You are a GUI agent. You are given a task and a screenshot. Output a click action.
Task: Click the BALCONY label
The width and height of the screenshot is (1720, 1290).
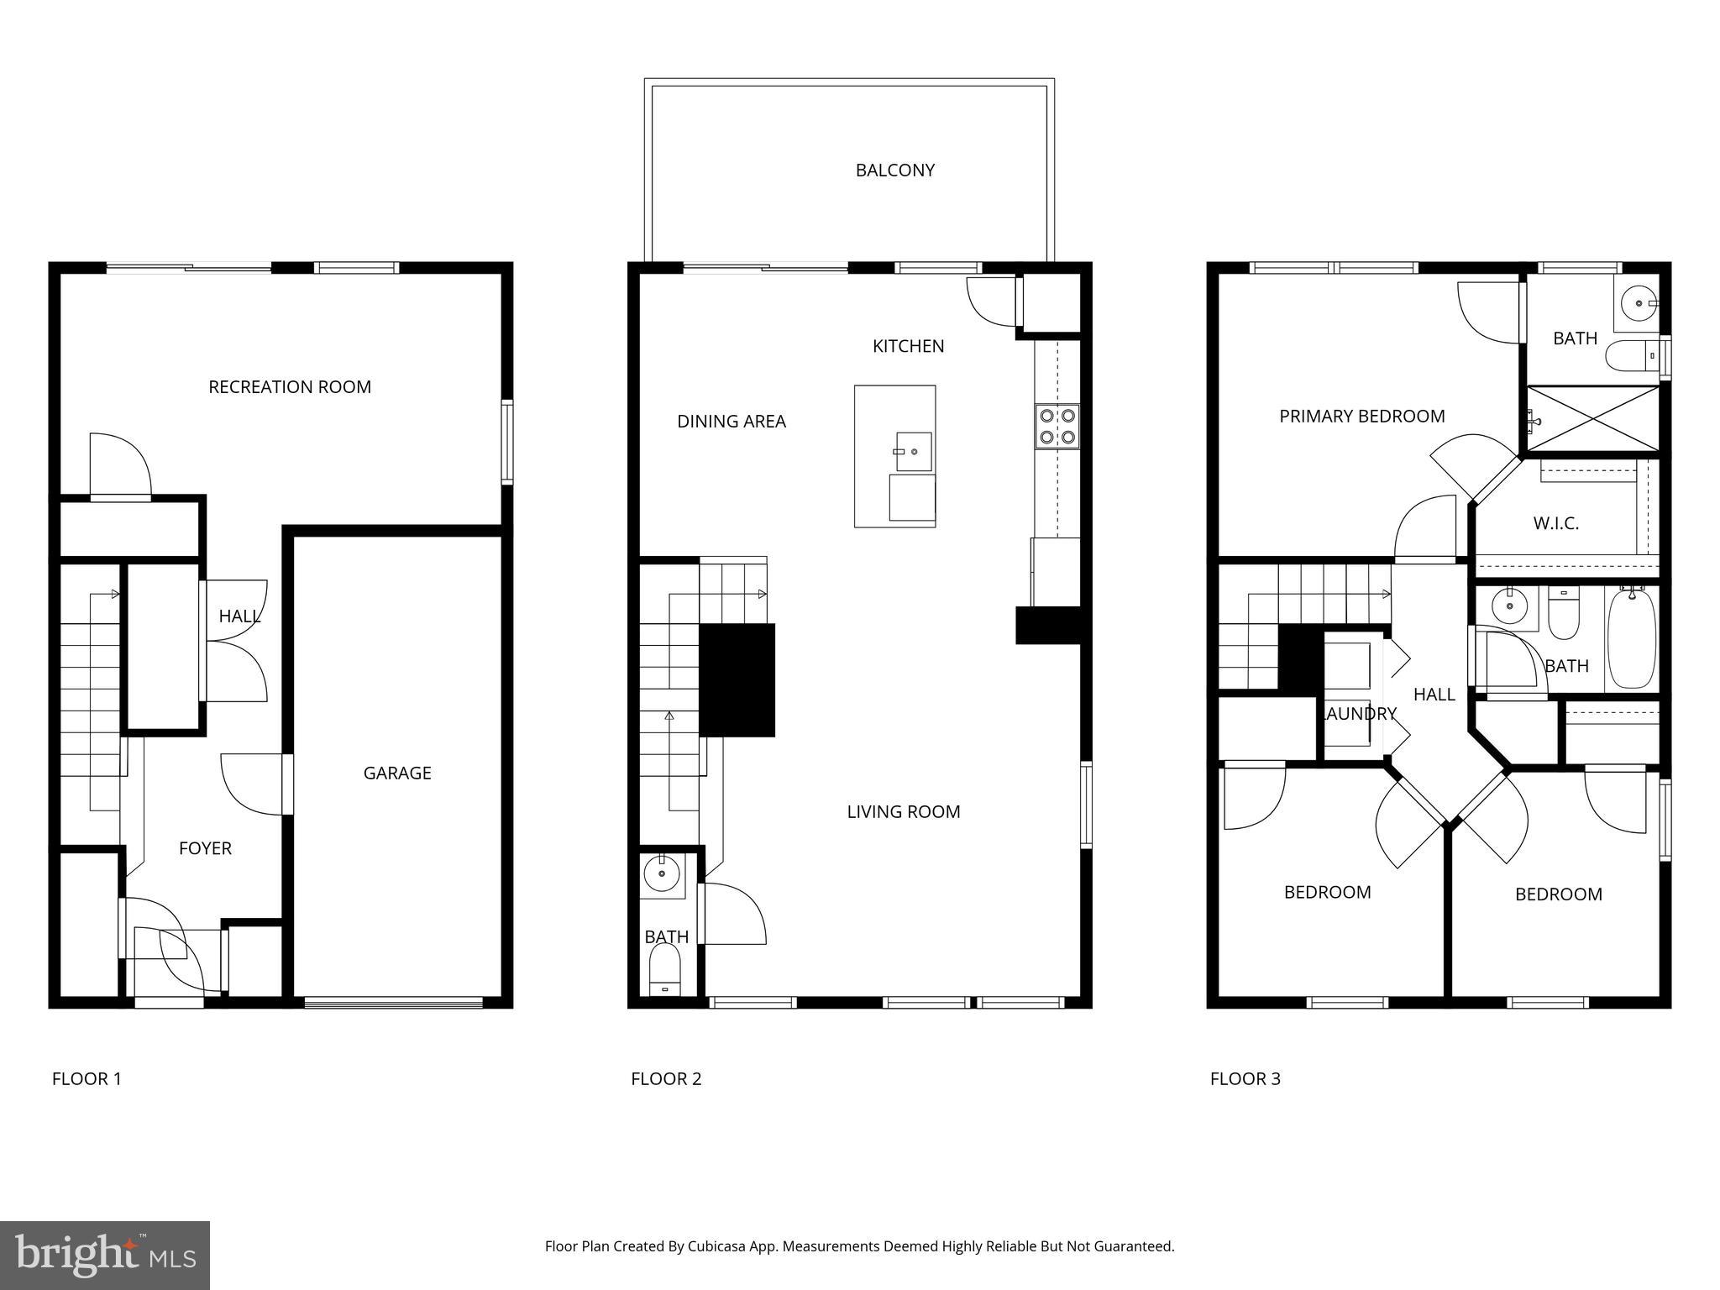[x=894, y=170]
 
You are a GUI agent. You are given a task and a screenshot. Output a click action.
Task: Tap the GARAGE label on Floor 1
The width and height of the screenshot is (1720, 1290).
[x=397, y=773]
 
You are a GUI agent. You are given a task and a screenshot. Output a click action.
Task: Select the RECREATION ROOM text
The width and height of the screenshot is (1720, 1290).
[x=290, y=387]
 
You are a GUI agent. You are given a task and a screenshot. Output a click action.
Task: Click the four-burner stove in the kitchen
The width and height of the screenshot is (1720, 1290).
[x=1057, y=426]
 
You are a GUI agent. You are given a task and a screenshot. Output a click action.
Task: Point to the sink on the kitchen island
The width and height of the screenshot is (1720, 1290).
[x=914, y=452]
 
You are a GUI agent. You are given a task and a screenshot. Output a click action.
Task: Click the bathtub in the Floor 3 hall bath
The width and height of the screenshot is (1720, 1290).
[x=1631, y=638]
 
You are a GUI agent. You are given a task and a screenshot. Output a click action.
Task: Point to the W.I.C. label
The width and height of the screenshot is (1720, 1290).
[x=1555, y=524]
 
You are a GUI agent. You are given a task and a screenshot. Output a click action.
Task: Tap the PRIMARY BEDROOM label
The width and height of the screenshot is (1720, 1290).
[x=1361, y=417]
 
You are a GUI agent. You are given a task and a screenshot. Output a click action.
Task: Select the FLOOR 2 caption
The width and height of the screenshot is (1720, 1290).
[x=666, y=1079]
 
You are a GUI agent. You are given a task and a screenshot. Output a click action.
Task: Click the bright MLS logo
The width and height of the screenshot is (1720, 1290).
[x=105, y=1255]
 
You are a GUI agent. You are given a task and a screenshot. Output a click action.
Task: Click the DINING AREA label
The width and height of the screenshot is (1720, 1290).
[x=731, y=422]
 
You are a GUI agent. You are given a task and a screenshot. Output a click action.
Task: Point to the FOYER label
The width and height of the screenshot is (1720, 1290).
[x=205, y=848]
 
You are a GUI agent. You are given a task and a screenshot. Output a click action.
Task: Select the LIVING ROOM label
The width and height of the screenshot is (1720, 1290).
[x=903, y=812]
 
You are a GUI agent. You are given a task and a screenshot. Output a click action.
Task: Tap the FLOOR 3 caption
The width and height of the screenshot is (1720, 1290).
[x=1245, y=1079]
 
